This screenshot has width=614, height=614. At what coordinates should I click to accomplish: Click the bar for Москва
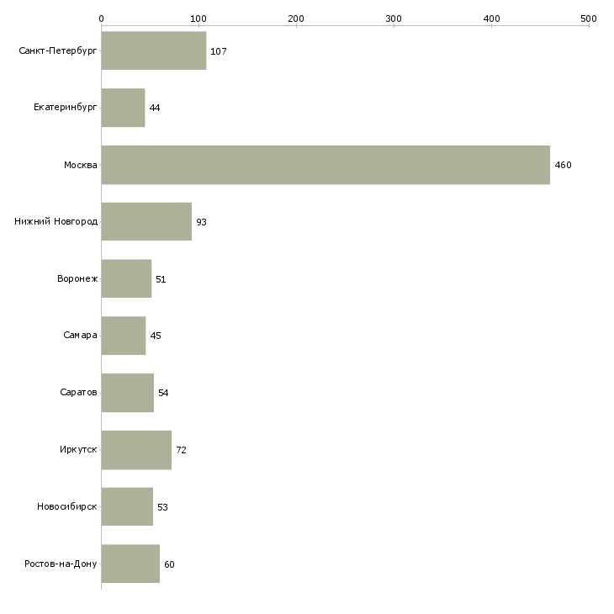(x=326, y=165)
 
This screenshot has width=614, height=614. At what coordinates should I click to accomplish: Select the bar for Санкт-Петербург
(x=154, y=50)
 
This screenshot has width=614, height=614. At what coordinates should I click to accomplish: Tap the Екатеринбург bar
(x=123, y=108)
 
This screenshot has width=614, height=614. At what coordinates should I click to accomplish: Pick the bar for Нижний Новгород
(x=146, y=222)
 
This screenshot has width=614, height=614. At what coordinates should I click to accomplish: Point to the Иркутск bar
(x=136, y=450)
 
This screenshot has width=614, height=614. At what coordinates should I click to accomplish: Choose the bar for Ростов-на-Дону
(x=130, y=564)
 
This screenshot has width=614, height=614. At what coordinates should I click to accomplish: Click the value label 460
(x=563, y=165)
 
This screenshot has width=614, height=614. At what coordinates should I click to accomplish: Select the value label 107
(x=219, y=51)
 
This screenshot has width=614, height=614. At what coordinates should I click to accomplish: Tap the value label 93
(x=201, y=222)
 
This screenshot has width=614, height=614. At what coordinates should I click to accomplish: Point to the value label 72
(x=182, y=450)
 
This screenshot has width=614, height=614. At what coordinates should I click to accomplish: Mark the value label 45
(x=156, y=336)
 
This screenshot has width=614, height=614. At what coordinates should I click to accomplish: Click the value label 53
(x=162, y=507)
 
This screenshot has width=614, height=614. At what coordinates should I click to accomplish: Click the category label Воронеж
(x=77, y=278)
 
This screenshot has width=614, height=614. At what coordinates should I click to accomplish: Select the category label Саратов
(x=78, y=392)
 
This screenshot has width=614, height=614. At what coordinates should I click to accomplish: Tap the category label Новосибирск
(x=67, y=506)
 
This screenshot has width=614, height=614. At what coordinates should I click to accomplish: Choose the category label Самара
(x=80, y=336)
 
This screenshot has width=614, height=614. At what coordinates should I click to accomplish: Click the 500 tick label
(x=589, y=19)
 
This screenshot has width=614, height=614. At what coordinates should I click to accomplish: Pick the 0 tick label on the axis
(x=102, y=19)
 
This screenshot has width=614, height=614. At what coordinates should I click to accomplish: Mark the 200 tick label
(x=296, y=19)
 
